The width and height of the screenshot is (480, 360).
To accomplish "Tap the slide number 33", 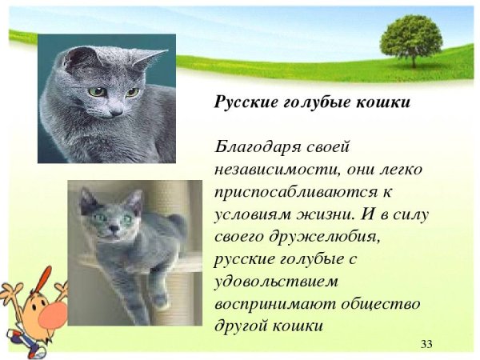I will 426,344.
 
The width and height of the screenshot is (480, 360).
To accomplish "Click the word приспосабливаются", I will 277,193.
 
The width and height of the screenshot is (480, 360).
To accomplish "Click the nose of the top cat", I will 116,112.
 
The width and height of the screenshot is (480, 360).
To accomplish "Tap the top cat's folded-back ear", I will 150,58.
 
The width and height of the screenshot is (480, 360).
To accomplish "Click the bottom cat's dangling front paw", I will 160,301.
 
